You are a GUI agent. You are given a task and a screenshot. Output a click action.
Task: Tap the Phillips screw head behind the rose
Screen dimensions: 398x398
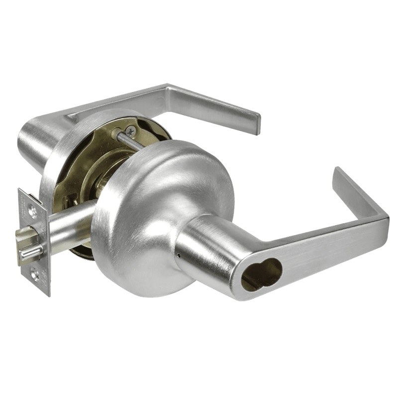pos(130,131)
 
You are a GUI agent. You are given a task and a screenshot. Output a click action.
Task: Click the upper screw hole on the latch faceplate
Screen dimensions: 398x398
pos(33,211)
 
